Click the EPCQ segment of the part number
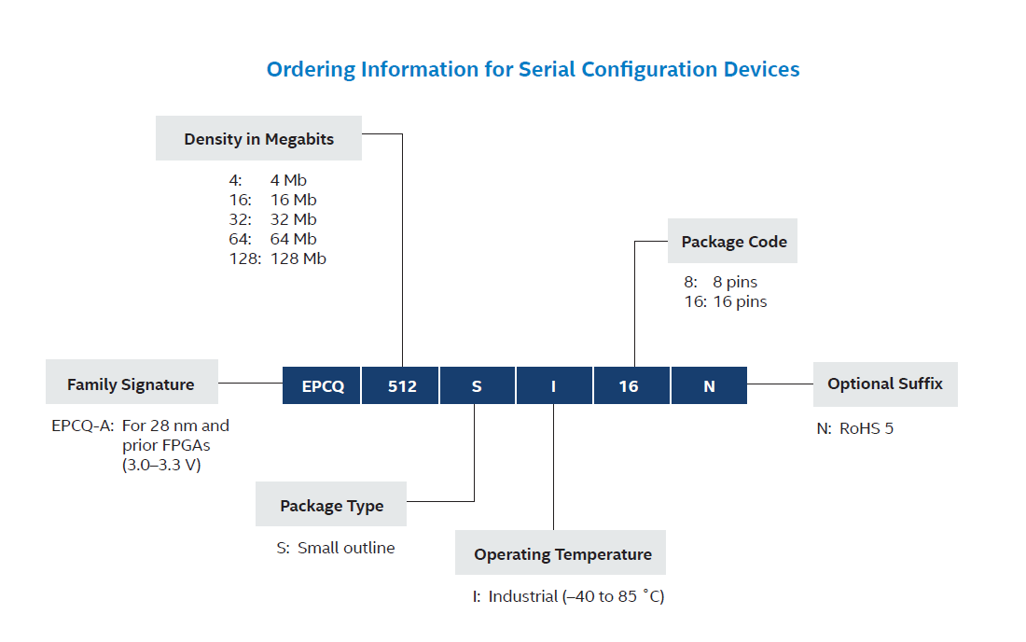322,385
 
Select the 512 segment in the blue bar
401,385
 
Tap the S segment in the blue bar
477,385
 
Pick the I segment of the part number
553,385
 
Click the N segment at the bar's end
709,385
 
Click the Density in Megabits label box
258,139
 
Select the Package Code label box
733,242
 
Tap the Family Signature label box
131,384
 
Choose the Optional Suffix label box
884,384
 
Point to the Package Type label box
331,505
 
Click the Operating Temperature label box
562,553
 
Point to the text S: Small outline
336,548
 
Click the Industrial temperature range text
575,596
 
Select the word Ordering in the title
310,69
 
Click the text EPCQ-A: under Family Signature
83,426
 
